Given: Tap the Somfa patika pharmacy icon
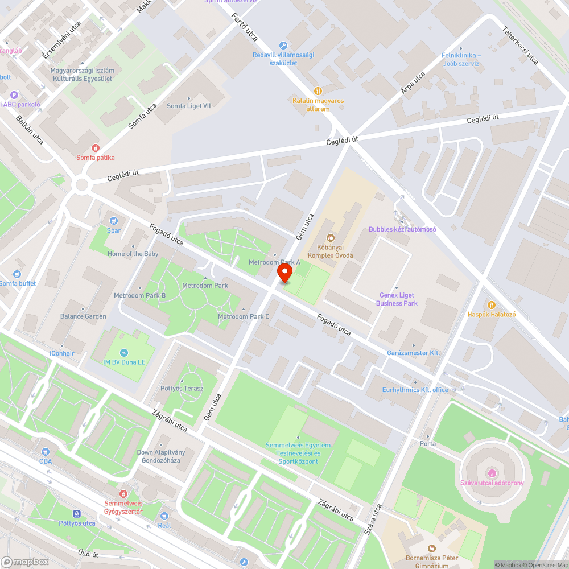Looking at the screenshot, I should [x=95, y=147].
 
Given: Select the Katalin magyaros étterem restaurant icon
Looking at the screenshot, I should [x=318, y=90].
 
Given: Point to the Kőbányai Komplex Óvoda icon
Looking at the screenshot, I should [x=330, y=238].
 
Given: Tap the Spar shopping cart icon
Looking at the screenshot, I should [x=114, y=221].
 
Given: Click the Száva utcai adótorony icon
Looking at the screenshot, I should [x=492, y=473].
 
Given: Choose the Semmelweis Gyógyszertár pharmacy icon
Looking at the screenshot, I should [x=123, y=493].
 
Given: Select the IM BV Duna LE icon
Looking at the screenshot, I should [x=124, y=352].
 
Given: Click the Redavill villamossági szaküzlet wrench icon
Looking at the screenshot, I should [x=283, y=46].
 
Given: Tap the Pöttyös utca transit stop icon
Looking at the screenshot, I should [x=77, y=514].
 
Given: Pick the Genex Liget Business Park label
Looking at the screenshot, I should [x=397, y=299].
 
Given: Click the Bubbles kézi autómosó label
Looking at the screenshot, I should [x=402, y=229].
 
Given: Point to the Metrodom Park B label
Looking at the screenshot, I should [x=139, y=295].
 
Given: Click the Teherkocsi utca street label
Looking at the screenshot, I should [x=520, y=46].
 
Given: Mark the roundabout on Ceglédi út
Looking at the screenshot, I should [x=82, y=184].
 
